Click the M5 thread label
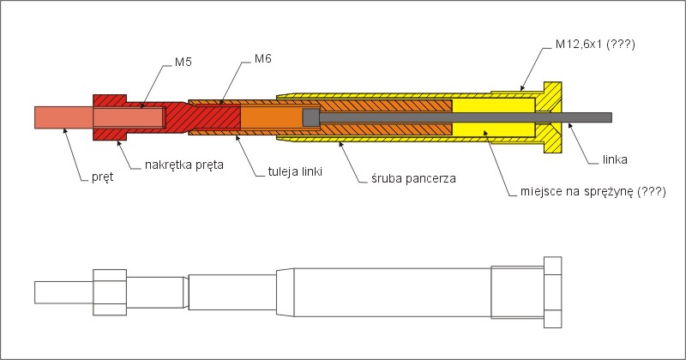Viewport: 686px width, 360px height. [184, 62]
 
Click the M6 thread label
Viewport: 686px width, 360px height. [263, 58]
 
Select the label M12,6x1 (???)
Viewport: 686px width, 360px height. [595, 44]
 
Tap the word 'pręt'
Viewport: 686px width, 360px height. [102, 177]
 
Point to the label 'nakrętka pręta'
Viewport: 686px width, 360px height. [184, 165]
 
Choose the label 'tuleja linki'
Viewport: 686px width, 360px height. [295, 171]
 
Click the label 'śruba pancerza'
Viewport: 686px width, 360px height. [413, 178]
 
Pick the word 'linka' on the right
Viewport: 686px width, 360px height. [615, 159]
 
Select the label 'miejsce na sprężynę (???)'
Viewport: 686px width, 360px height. [593, 192]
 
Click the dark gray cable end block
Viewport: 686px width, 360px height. [311, 117]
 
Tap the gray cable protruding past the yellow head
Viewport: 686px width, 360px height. [587, 117]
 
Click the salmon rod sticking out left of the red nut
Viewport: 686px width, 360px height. [63, 117]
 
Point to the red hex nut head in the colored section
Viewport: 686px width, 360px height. [110, 117]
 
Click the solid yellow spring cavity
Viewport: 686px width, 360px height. [493, 117]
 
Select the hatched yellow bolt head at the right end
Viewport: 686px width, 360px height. [552, 117]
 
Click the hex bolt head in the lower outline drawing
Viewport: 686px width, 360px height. [552, 292]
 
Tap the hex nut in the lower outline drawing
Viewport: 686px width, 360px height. [110, 292]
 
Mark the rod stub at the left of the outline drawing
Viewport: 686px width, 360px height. [63, 292]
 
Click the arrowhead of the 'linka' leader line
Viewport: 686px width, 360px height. [569, 125]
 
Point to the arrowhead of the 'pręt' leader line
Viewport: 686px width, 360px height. [65, 130]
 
